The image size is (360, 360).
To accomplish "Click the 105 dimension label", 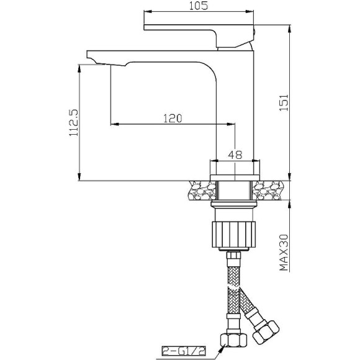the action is (199, 6).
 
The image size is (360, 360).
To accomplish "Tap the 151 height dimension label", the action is (284, 102).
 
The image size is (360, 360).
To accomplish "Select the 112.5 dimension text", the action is (74, 123).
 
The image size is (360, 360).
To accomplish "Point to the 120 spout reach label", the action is (173, 119).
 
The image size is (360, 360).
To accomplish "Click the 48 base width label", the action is (235, 155).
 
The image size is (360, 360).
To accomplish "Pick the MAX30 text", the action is (284, 253).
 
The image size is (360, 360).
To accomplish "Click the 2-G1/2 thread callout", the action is (184, 351).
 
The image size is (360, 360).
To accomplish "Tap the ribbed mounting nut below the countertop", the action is (234, 234).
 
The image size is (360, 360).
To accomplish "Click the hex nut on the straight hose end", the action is (234, 340).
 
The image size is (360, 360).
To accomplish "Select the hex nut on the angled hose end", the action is (266, 332).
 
